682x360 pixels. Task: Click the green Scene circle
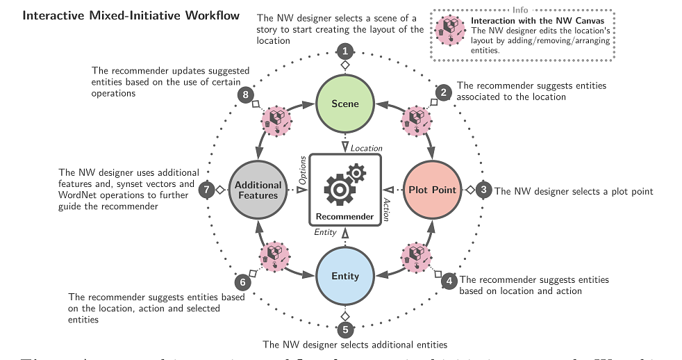point(345,104)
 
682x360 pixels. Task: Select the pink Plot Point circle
point(432,190)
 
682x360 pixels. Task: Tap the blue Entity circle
point(345,276)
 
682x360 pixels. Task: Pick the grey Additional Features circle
point(258,190)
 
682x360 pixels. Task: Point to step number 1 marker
point(345,50)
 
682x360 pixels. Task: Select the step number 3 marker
point(485,189)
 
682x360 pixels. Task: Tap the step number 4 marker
point(449,281)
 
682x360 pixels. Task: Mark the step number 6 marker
point(242,282)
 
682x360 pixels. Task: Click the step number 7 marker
point(206,189)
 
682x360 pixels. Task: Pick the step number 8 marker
point(243,95)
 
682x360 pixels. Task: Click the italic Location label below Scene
point(366,148)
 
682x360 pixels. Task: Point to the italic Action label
point(387,209)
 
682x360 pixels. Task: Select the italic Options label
point(303,170)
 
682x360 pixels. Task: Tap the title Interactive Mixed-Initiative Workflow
point(131,15)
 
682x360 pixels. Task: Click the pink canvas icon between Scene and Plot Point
point(416,119)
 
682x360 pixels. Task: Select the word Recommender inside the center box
point(344,216)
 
